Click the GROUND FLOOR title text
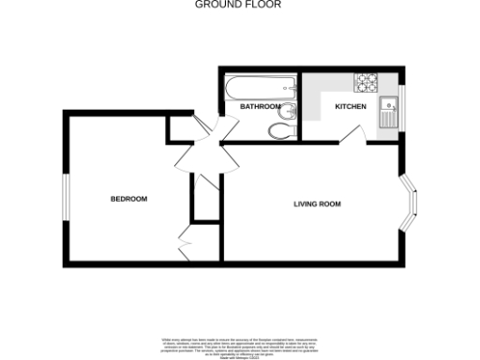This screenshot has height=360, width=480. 238,5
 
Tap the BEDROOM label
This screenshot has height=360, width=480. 128,199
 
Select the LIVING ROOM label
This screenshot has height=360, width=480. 317,203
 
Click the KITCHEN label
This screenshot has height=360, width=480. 351,107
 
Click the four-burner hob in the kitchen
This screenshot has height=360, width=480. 364,82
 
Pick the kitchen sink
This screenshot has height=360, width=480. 388,112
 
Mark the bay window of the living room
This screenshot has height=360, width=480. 413,203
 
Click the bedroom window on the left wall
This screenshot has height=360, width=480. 66,200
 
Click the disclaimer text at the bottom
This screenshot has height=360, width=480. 239,345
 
